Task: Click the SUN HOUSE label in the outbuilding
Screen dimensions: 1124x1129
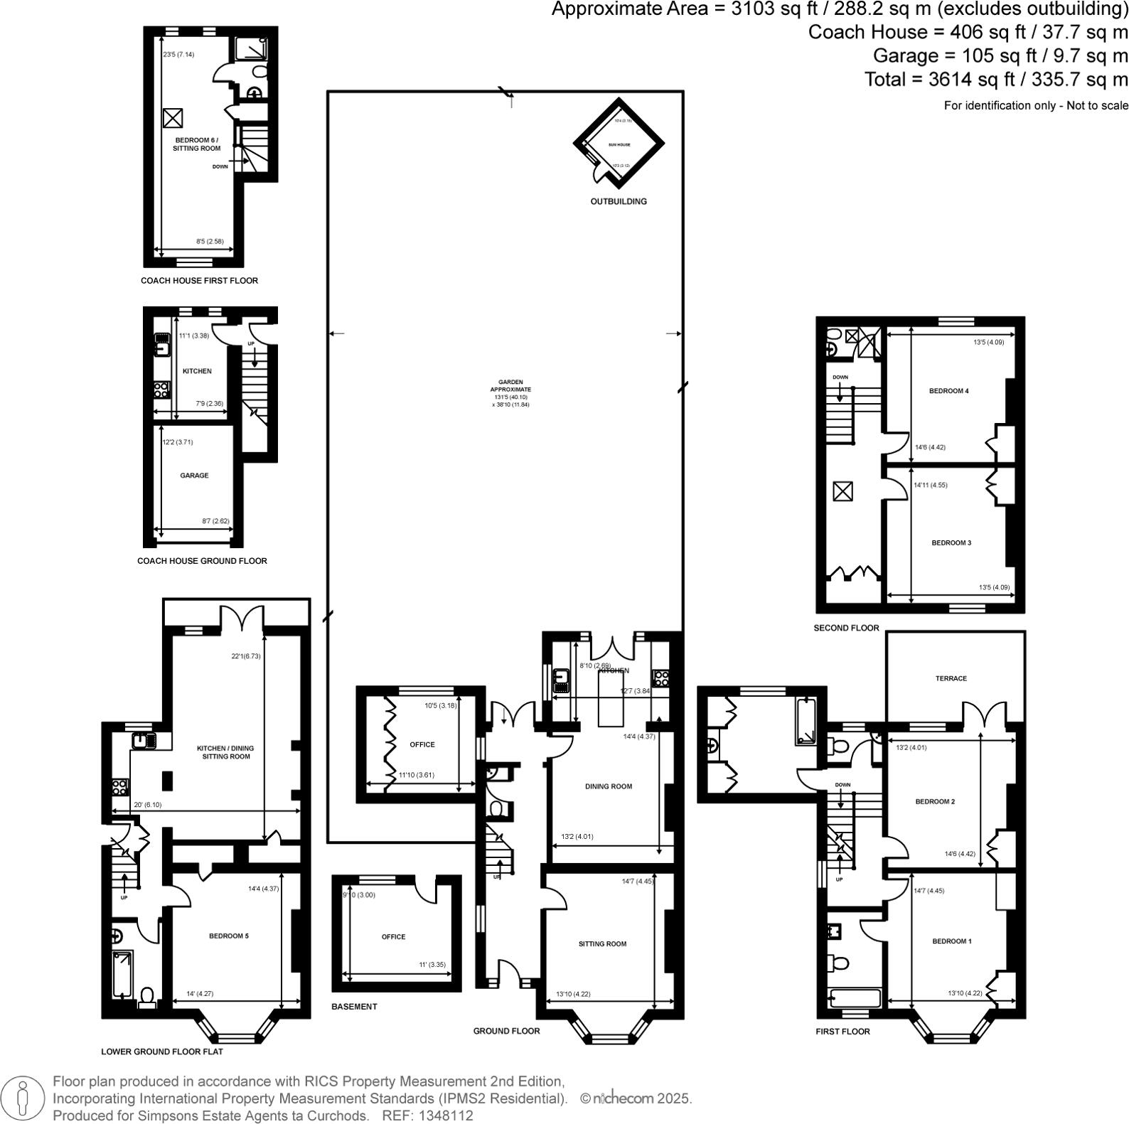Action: click(x=619, y=144)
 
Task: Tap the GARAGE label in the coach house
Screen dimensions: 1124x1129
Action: click(x=194, y=476)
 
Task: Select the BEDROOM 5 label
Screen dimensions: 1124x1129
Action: click(x=228, y=936)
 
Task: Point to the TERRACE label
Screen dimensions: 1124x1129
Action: click(x=951, y=678)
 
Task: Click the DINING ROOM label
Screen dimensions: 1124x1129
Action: click(x=608, y=786)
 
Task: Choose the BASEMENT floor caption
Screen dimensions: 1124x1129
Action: click(x=354, y=1007)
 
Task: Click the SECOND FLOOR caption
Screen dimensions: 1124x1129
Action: click(x=846, y=628)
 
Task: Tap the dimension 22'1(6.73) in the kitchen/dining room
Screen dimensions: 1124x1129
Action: click(x=246, y=656)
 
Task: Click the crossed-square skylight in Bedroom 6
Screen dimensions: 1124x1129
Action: click(x=173, y=117)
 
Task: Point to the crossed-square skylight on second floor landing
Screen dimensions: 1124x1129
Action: click(x=842, y=491)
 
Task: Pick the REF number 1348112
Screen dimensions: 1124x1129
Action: click(x=446, y=1116)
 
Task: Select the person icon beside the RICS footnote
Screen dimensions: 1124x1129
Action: click(x=23, y=1099)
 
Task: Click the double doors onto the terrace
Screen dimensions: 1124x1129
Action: click(x=985, y=714)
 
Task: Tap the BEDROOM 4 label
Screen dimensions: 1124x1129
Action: click(x=948, y=391)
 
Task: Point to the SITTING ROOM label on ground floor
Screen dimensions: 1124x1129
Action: click(x=602, y=944)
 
